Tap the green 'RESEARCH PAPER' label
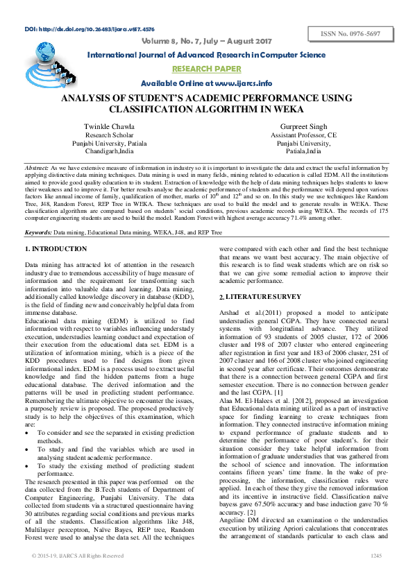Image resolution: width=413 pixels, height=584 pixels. coord(206,69)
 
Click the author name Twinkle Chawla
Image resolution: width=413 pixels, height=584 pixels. coord(109,126)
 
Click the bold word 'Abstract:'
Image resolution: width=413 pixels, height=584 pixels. coord(37,169)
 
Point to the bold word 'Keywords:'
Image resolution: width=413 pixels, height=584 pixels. coord(39,213)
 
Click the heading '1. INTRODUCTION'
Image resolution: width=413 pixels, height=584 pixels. coord(56,229)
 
